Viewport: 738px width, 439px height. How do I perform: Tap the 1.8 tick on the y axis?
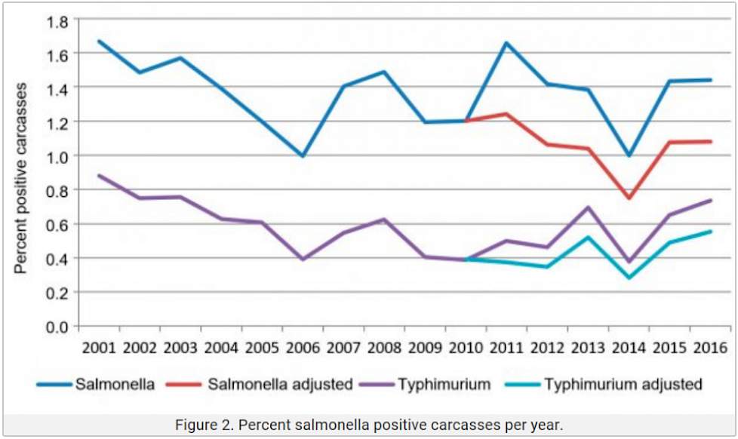coord(57,20)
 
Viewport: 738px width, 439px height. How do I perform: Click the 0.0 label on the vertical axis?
coord(57,327)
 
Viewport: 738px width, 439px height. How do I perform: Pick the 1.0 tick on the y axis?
coord(57,156)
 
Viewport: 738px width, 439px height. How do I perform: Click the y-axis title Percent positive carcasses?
coord(22,178)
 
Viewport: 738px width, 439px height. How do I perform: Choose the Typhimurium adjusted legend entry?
coord(623,384)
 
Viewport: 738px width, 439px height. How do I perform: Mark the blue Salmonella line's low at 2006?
coord(303,156)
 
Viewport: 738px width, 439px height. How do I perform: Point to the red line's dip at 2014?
coord(629,198)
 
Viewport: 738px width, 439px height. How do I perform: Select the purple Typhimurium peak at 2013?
coord(588,207)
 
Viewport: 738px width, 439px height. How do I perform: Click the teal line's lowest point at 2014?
coord(629,278)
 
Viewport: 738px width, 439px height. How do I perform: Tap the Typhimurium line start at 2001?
coord(99,175)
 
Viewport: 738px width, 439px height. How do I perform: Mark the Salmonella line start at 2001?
coord(99,41)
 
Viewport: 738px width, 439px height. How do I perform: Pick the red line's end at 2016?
coord(710,141)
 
